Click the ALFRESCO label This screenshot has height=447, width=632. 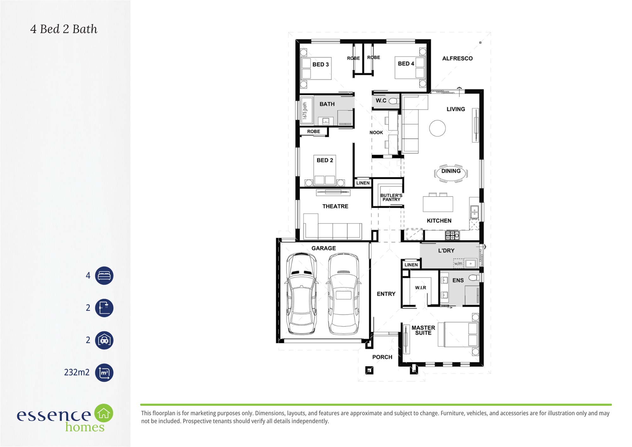(457, 58)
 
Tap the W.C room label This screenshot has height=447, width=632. (381, 101)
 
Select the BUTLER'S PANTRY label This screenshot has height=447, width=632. (391, 198)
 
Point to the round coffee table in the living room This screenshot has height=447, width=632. (437, 128)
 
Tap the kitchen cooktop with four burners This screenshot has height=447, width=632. (452, 235)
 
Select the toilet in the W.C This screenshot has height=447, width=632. (394, 101)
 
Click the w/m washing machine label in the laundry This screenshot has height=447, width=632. (458, 264)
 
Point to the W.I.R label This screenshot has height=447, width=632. (420, 288)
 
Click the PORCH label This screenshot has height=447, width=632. (382, 357)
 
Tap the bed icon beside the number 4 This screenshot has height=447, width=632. (104, 276)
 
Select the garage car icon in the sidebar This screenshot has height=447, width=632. (104, 340)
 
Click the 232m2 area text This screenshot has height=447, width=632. (77, 372)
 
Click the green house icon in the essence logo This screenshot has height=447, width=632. (104, 413)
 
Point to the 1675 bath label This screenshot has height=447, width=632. (305, 110)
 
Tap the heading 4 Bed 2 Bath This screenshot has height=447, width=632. (64, 29)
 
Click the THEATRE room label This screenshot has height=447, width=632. (335, 206)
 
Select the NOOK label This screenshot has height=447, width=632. (376, 132)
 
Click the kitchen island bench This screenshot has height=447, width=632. (438, 204)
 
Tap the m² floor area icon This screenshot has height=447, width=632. (104, 373)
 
